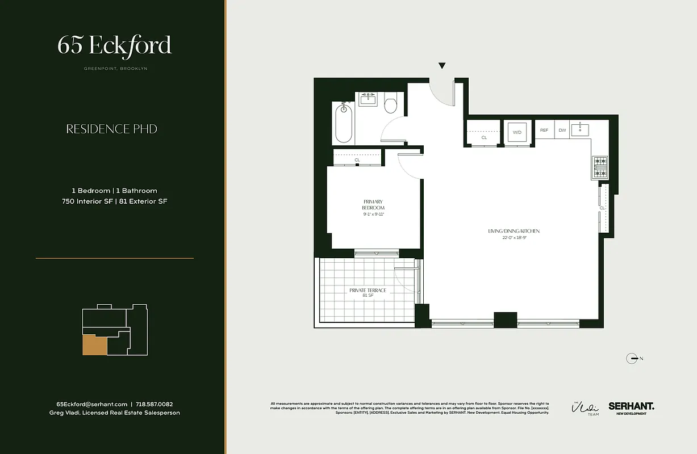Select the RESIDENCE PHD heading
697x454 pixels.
pos(112,129)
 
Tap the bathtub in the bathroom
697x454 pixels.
pos(344,123)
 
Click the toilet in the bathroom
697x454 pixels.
pos(390,104)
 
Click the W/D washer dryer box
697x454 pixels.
pos(517,132)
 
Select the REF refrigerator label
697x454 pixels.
pos(544,131)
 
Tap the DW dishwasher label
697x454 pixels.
pos(562,131)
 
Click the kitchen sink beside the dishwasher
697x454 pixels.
pos(580,129)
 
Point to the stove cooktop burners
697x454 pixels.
pos(600,167)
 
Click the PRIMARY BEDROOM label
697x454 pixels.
pos(373,205)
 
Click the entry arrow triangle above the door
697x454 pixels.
pos(442,66)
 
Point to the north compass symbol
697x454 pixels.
pos(632,358)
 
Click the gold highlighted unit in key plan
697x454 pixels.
pos(94,345)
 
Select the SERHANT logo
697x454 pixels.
pos(631,406)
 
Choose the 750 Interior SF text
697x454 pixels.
pos(87,201)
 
